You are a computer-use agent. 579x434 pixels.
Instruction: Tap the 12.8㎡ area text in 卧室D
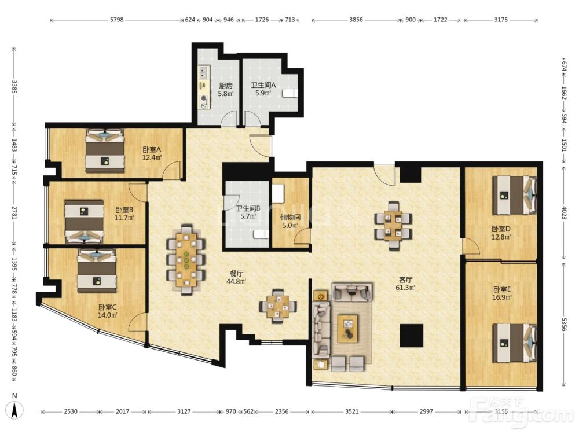pos(501,237)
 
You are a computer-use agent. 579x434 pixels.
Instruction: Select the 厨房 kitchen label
pos(225,86)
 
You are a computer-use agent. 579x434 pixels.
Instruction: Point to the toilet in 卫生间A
pos(290,93)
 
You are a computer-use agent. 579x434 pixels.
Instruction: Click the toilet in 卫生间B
pos(262,234)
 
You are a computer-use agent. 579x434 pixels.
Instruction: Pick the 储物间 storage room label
pos(290,217)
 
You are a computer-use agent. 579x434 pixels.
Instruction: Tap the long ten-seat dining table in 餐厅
pos(186,259)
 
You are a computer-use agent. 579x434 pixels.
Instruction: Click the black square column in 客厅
pos(412,335)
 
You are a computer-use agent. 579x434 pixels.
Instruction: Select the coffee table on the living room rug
pos(348,329)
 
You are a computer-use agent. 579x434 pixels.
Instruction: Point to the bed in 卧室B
pos(84,222)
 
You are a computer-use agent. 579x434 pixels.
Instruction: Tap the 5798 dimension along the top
pos(117,20)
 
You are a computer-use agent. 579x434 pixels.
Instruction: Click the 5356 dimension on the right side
pos(564,325)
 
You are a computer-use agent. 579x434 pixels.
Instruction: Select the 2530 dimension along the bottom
pos(71,411)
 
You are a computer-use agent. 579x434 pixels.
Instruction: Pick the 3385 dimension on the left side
pos(14,87)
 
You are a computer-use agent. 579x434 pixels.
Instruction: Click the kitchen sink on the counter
pos(203,72)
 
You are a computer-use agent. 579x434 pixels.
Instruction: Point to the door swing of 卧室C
pos(137,322)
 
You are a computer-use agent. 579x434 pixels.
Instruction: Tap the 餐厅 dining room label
pos(236,274)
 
